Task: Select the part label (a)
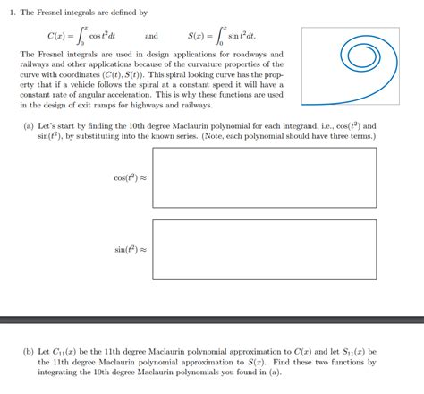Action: pyautogui.click(x=30, y=126)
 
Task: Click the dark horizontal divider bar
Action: pyautogui.click(x=212, y=318)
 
